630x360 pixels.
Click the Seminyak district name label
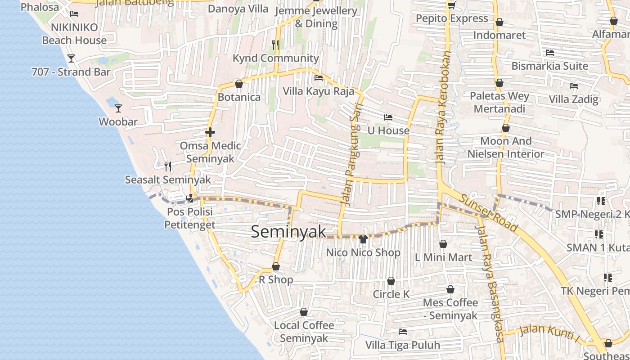click(x=288, y=232)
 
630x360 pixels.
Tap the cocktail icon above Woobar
click(x=118, y=108)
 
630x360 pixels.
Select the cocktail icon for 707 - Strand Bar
click(x=71, y=58)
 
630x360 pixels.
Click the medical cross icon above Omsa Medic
click(x=210, y=132)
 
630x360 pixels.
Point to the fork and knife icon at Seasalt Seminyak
click(x=168, y=166)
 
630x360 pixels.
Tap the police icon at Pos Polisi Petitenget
click(x=190, y=198)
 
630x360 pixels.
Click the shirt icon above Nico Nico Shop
click(x=363, y=239)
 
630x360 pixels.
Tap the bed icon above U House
click(x=388, y=117)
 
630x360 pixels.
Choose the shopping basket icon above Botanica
click(x=239, y=84)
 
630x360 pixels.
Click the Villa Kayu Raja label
click(x=318, y=91)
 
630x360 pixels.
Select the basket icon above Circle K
click(x=391, y=281)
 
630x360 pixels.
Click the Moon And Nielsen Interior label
click(x=506, y=147)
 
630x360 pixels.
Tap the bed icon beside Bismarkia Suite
click(x=549, y=53)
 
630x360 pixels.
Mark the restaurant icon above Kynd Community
click(x=276, y=45)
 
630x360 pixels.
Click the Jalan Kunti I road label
click(x=549, y=333)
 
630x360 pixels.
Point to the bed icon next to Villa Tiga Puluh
click(x=403, y=332)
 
